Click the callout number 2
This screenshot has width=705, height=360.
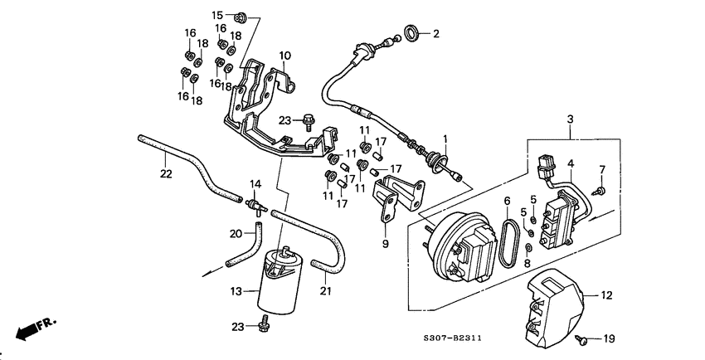(x=435, y=34)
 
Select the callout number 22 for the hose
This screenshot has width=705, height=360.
(x=166, y=173)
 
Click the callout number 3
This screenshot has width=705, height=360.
(x=569, y=120)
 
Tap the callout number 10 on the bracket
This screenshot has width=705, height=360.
(x=284, y=56)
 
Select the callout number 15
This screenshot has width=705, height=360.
(x=217, y=15)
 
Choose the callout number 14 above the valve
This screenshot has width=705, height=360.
(x=255, y=183)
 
